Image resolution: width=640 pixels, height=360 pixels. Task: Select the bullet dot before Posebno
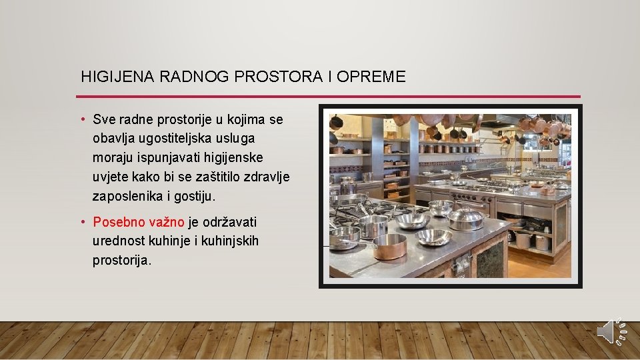click(x=83, y=222)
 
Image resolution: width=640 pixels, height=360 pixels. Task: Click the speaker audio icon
click(x=611, y=331)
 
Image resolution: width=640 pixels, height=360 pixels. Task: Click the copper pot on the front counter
click(x=389, y=246)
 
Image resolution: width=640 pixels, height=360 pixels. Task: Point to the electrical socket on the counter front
click(x=460, y=265)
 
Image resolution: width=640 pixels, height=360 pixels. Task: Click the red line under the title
click(x=330, y=97)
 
